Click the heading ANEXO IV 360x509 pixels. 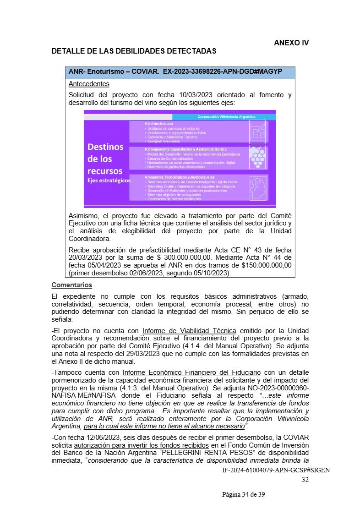(291, 43)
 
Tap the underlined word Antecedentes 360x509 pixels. (89, 84)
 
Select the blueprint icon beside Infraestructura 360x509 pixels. (258, 131)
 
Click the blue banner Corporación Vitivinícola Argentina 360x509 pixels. (226, 117)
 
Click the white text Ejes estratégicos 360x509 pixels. (109, 181)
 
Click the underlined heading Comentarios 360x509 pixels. (72, 285)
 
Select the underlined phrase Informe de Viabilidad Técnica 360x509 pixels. (189, 331)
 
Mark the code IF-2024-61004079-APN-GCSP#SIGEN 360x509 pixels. (276, 471)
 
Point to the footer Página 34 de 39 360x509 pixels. (244, 494)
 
